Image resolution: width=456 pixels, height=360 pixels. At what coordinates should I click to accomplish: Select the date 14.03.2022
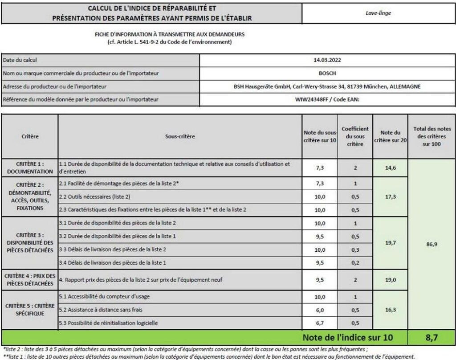click(327, 60)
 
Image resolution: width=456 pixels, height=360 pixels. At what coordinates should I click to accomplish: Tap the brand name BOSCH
click(327, 73)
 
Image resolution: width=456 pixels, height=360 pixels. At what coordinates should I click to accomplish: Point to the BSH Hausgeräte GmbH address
click(327, 86)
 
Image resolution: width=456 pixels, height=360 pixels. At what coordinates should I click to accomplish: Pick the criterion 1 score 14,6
click(391, 168)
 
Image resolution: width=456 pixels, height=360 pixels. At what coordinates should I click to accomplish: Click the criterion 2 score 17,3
click(391, 196)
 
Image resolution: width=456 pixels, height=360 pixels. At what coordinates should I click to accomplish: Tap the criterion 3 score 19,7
click(391, 243)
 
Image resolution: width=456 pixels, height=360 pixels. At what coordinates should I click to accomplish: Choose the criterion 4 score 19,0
click(391, 280)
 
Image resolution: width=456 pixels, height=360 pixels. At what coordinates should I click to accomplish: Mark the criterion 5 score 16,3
click(391, 309)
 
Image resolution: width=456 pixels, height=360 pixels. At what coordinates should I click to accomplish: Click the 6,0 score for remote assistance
click(320, 309)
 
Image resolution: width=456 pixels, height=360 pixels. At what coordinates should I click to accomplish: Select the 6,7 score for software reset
click(320, 323)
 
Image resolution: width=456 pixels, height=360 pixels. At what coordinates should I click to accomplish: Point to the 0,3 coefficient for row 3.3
click(355, 250)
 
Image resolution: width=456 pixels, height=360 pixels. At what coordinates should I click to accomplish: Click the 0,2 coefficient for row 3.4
click(355, 263)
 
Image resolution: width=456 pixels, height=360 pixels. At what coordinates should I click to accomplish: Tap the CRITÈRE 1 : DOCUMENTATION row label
click(29, 168)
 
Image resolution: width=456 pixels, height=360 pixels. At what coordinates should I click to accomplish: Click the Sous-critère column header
click(180, 136)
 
